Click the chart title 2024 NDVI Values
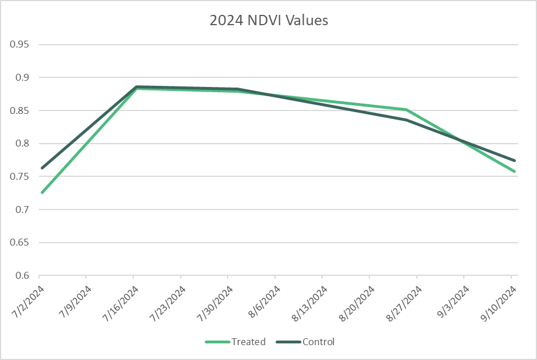[x=269, y=21]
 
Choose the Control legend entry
[x=318, y=342]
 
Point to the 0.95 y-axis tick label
[x=22, y=44]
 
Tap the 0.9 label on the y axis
[x=24, y=77]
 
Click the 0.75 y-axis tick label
[x=22, y=177]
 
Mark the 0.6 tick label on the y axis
[x=24, y=276]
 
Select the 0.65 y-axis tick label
[x=22, y=243]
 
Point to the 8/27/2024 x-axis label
[x=405, y=300]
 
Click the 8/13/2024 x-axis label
[x=311, y=300]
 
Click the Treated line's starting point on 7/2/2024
[x=42, y=192]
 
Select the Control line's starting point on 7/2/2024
[x=42, y=168]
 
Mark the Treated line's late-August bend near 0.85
[x=407, y=109]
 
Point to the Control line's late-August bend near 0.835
[x=407, y=120]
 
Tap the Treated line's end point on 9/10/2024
[x=515, y=171]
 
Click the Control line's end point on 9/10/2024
[x=515, y=160]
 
